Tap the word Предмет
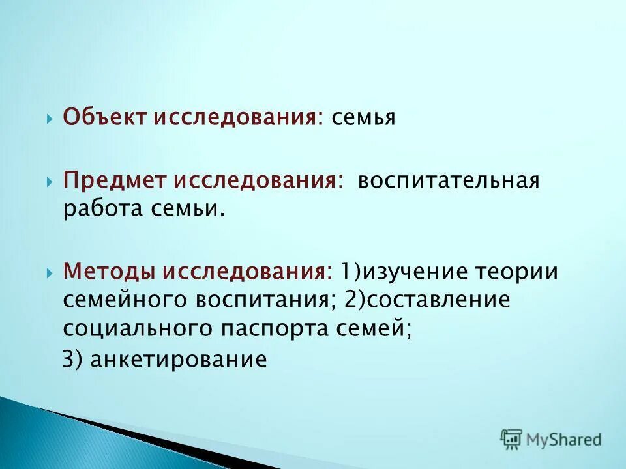[115, 181]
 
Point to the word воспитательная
[447, 181]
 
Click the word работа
[101, 210]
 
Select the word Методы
[109, 271]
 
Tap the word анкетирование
[179, 359]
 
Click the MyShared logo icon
[511, 439]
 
